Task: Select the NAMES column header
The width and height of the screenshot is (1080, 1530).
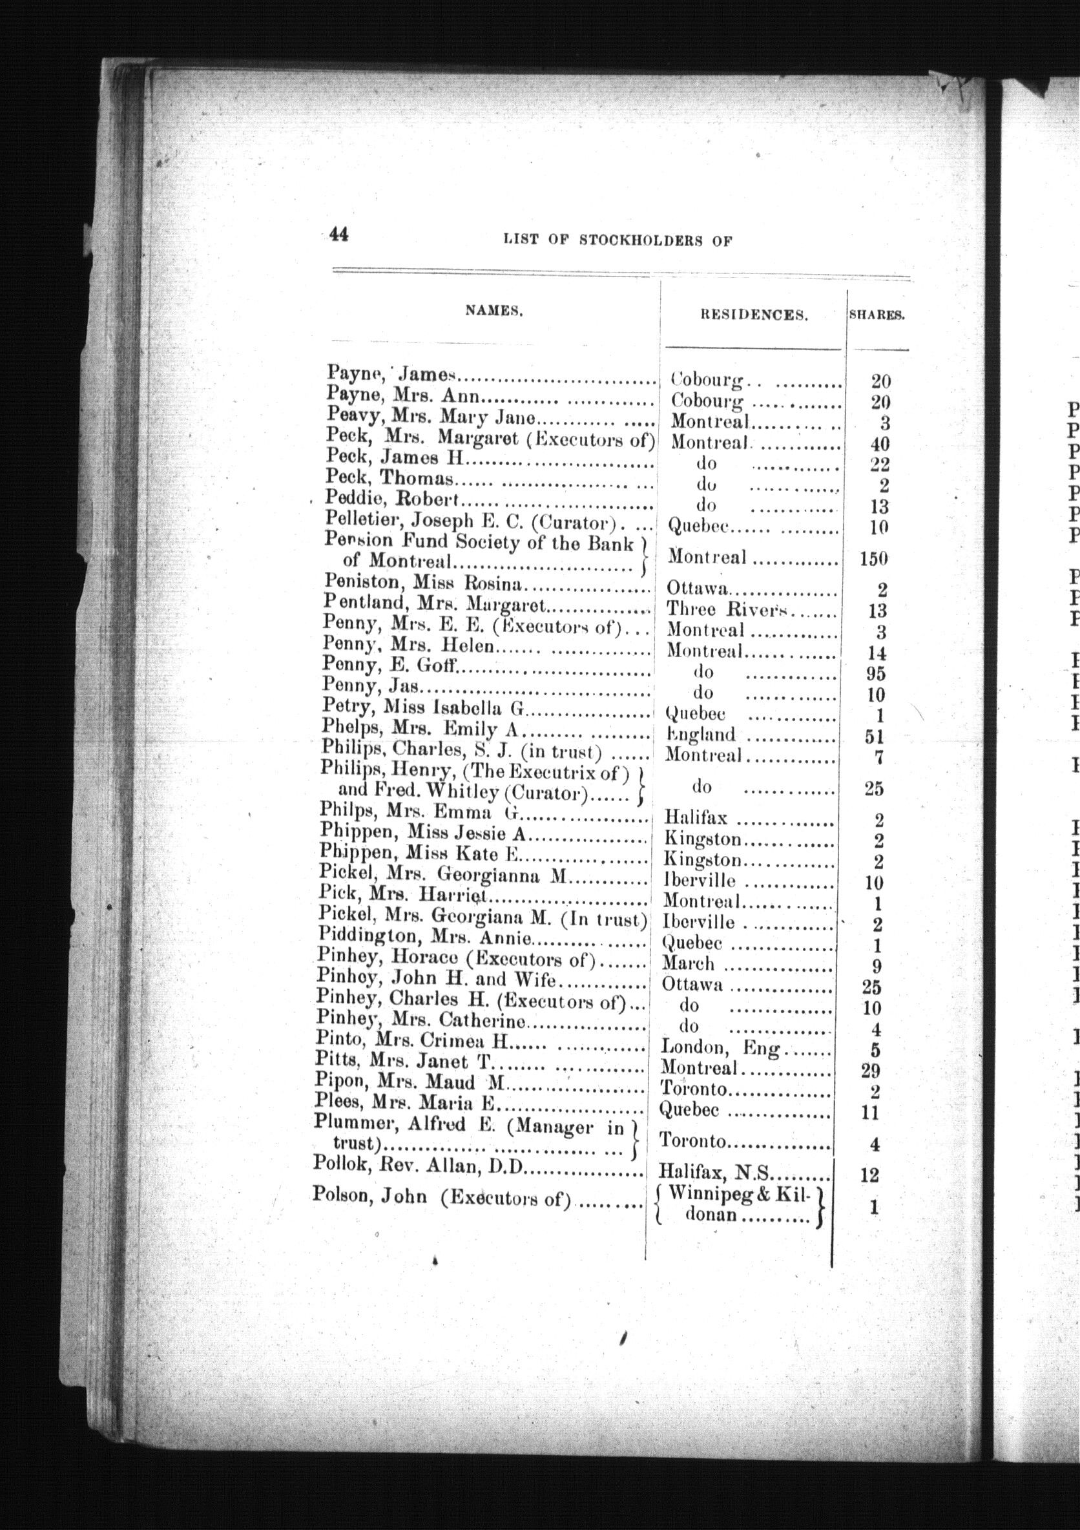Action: tap(493, 310)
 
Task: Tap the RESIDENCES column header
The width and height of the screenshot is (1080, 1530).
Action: tap(754, 316)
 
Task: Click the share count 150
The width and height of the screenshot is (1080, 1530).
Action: tap(874, 558)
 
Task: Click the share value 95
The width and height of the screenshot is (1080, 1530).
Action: tap(875, 674)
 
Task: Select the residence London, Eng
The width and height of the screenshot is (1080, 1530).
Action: tap(720, 1048)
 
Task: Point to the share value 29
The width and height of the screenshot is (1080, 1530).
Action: tap(870, 1070)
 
